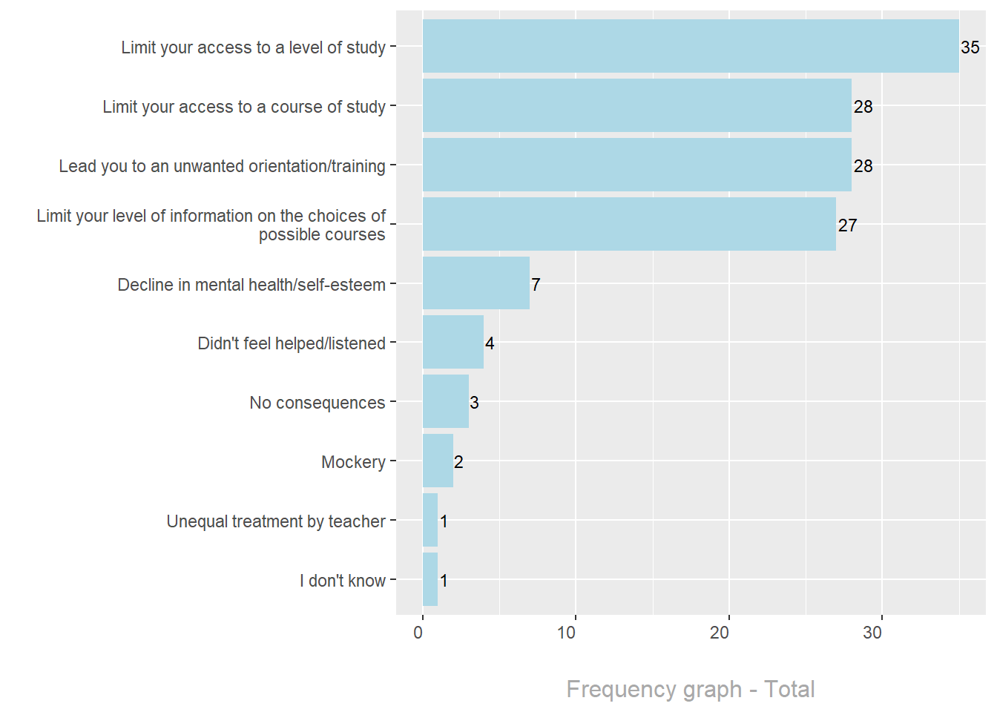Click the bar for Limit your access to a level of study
coord(690,46)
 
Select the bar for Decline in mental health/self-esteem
coord(476,283)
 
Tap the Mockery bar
coord(438,461)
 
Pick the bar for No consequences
coord(445,401)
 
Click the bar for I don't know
coord(430,579)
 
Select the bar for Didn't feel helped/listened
coord(453,342)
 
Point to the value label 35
coord(970,47)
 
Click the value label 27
coord(847,225)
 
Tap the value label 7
coord(536,285)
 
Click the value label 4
coord(490,343)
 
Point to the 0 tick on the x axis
coord(418,633)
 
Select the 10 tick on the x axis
coord(567,633)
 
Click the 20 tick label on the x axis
coord(720,633)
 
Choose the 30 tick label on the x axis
coord(872,633)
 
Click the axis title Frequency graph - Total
coord(690,689)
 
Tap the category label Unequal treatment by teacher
coord(276,521)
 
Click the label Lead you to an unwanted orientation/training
coord(222,166)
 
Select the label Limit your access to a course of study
coord(244,107)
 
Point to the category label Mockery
coord(353,462)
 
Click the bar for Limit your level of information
coord(629,224)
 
